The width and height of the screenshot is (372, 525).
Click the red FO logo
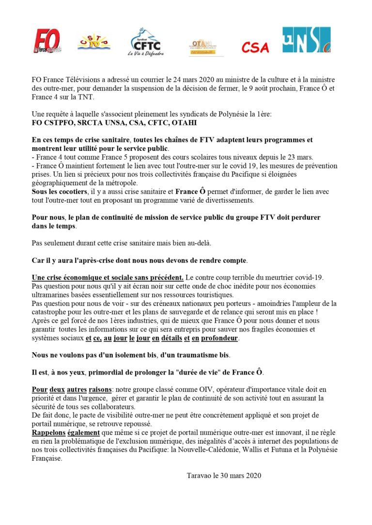pyautogui.click(x=47, y=41)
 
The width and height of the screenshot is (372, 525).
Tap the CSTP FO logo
pyautogui.click(x=94, y=41)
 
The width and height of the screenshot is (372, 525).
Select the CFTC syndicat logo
pyautogui.click(x=146, y=42)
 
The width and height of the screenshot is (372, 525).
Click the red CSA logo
pyautogui.click(x=255, y=47)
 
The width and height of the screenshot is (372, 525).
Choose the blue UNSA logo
pyautogui.click(x=307, y=40)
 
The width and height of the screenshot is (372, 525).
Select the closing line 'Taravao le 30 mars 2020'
pyautogui.click(x=224, y=476)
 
